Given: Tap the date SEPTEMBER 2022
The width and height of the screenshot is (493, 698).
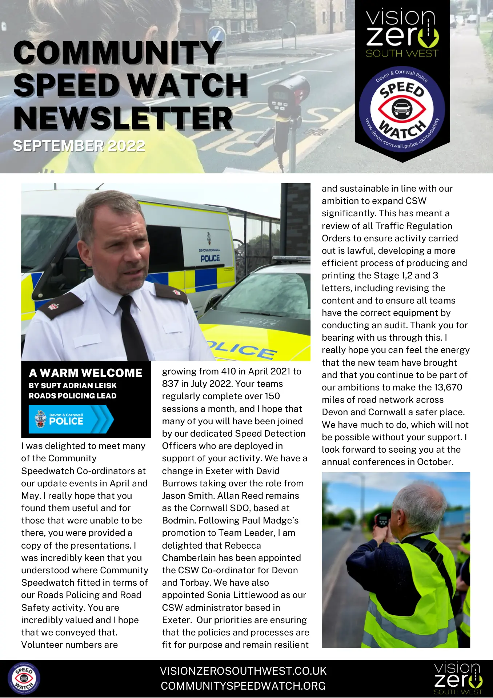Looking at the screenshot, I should [x=79, y=146].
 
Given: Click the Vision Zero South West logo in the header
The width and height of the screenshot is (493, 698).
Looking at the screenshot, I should [x=402, y=33].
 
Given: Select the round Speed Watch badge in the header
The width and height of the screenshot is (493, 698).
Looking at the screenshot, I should [x=402, y=109].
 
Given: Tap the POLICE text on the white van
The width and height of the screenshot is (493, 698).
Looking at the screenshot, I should [x=210, y=258].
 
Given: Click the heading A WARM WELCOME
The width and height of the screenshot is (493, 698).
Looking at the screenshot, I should [x=86, y=373].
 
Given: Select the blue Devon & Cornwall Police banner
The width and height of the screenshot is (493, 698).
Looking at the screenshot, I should [x=71, y=419].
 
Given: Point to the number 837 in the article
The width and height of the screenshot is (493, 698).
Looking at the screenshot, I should [x=171, y=384].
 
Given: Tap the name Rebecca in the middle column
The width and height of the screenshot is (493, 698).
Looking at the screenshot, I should [x=244, y=546].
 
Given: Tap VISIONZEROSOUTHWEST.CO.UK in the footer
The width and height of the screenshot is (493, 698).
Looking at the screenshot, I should [x=243, y=671].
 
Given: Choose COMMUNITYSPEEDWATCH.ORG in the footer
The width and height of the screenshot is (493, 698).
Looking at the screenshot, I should [x=243, y=686].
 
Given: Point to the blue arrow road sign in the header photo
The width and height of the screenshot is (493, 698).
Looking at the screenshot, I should [x=217, y=35].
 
